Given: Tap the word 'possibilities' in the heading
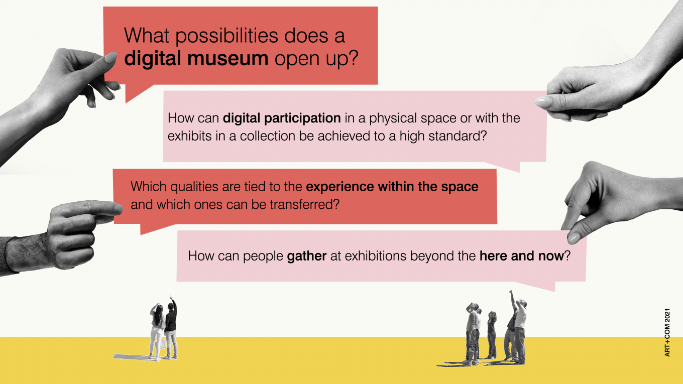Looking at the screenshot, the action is tap(226, 36).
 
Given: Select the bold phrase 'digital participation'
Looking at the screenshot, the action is tap(282, 118).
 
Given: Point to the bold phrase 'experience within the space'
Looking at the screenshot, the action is tap(392, 187).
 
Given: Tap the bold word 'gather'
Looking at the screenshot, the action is tap(307, 256).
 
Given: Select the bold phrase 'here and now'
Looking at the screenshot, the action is tap(522, 255).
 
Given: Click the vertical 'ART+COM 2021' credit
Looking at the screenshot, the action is tap(667, 332).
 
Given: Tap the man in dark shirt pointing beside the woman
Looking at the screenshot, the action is tap(171, 328).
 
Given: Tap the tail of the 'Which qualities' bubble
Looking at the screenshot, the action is tap(153, 228).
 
